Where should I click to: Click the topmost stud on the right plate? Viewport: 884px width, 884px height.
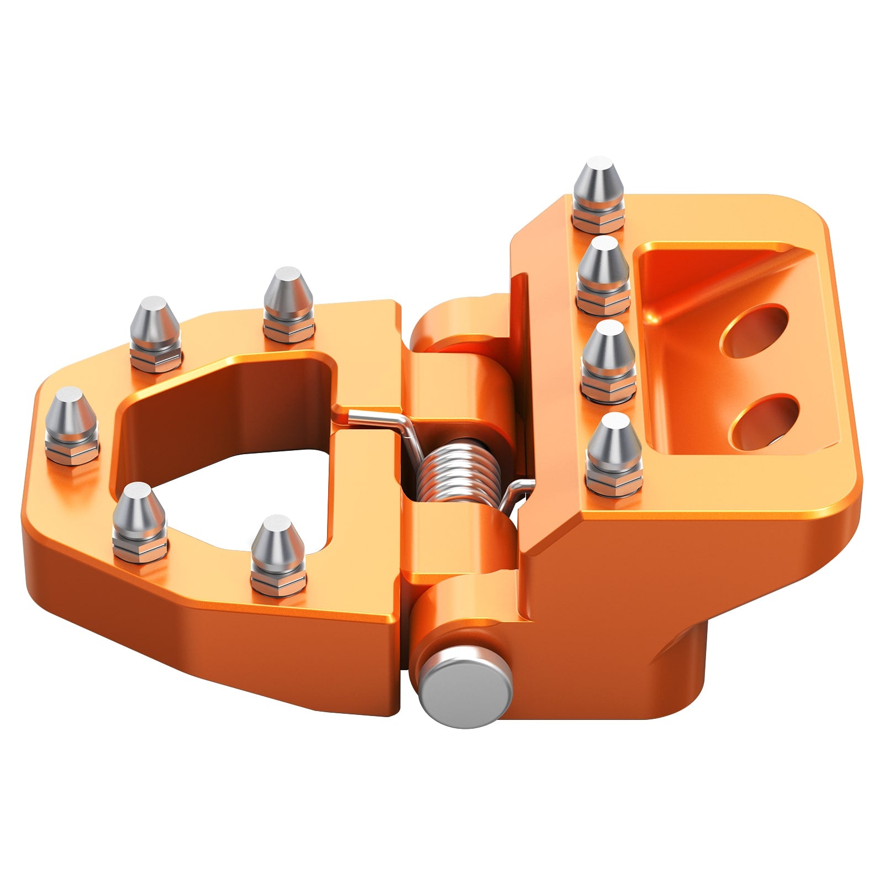(x=598, y=191)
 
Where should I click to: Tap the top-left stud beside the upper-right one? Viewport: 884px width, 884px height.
(x=155, y=331)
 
